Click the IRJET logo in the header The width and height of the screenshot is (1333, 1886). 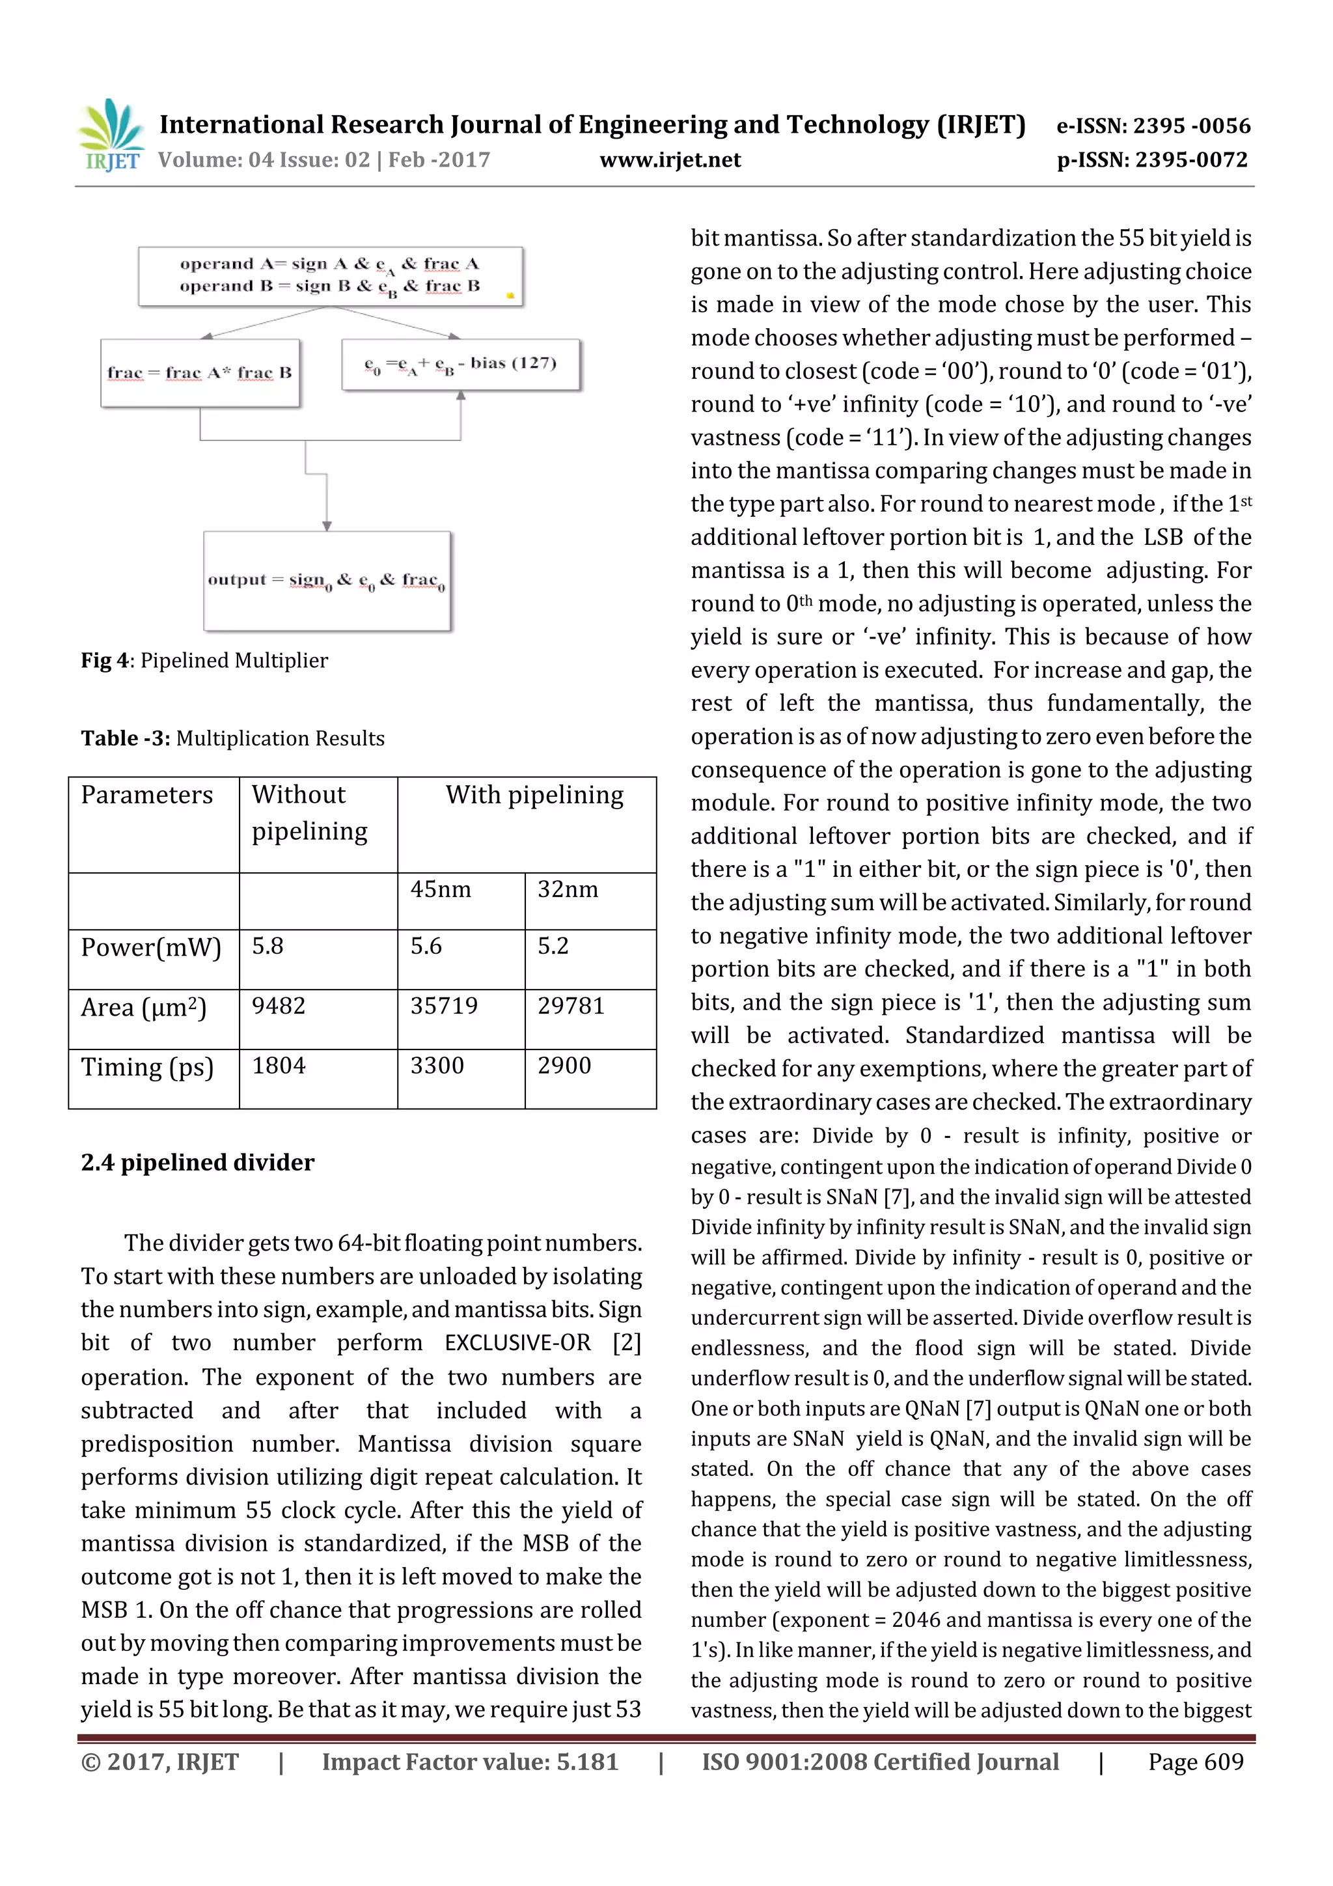pyautogui.click(x=111, y=135)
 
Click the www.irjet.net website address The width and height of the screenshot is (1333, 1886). pyautogui.click(x=670, y=160)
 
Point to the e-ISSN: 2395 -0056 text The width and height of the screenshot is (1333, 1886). pyautogui.click(x=1153, y=126)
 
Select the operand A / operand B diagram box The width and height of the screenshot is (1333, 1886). pyautogui.click(x=330, y=276)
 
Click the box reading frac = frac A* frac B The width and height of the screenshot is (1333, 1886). pyautogui.click(x=200, y=373)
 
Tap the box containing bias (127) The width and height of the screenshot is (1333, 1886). pyautogui.click(x=460, y=364)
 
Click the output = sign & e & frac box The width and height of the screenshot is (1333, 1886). pyautogui.click(x=327, y=581)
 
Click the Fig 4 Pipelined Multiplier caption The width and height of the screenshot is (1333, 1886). pyautogui.click(x=204, y=660)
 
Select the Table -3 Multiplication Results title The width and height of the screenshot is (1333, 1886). pyautogui.click(x=232, y=738)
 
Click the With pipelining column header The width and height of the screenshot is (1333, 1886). pyautogui.click(x=534, y=795)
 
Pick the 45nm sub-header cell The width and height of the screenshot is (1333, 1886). pyautogui.click(x=441, y=889)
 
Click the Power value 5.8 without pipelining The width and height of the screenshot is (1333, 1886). pyautogui.click(x=268, y=947)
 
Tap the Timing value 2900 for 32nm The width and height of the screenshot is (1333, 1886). pyautogui.click(x=564, y=1066)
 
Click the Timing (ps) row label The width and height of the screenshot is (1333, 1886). pyautogui.click(x=147, y=1067)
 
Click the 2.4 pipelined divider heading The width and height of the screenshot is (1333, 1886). pyautogui.click(x=197, y=1162)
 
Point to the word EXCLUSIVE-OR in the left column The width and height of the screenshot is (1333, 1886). pyautogui.click(x=517, y=1343)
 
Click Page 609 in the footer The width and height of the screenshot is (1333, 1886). pyautogui.click(x=1195, y=1762)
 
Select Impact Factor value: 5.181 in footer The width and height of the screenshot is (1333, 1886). pyautogui.click(x=470, y=1762)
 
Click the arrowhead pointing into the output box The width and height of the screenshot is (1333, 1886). pyautogui.click(x=327, y=526)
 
